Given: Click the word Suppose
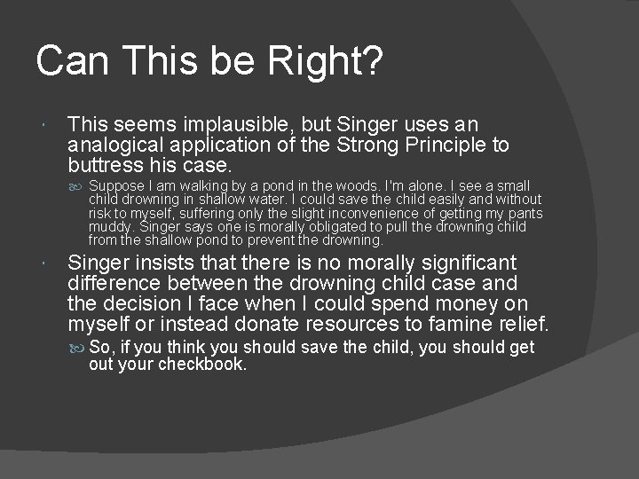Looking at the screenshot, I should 117,186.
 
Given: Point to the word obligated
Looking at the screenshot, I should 335,227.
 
